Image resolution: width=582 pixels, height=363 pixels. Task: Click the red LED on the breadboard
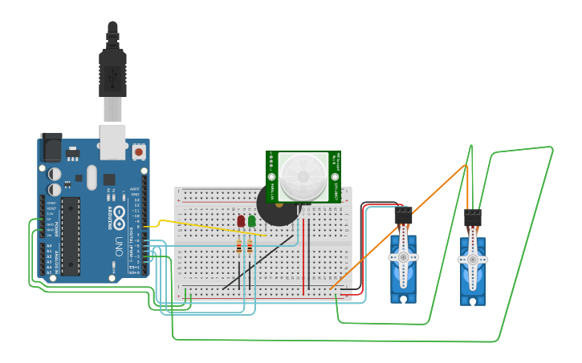[241, 220]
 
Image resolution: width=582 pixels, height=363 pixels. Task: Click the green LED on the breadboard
[252, 220]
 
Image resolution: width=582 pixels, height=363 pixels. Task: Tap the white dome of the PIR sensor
[303, 175]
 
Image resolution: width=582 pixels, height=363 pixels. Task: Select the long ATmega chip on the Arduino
[71, 236]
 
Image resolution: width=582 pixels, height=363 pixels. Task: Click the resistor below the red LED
[239, 247]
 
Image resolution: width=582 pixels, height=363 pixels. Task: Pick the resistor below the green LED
[250, 247]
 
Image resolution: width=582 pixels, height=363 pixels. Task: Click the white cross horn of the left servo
[403, 256]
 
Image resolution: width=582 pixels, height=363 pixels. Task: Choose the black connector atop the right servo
[473, 217]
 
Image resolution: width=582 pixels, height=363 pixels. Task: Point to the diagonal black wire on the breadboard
[257, 263]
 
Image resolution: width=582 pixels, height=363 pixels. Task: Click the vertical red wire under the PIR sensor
[304, 248]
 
